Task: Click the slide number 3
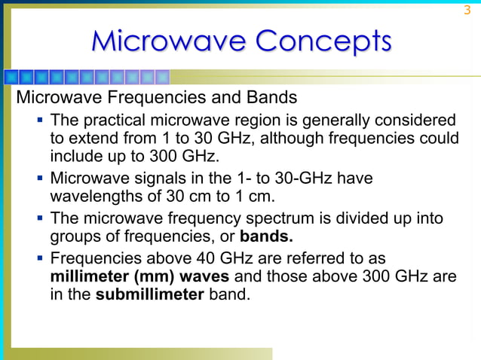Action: [x=467, y=11]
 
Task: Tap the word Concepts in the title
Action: [x=323, y=41]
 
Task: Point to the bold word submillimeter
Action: [x=149, y=294]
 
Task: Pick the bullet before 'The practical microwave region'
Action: [x=38, y=121]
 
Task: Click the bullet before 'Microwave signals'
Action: [x=38, y=179]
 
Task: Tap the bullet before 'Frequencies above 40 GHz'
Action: [x=38, y=258]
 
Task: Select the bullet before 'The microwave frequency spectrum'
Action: [x=38, y=219]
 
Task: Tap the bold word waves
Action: [x=185, y=276]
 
